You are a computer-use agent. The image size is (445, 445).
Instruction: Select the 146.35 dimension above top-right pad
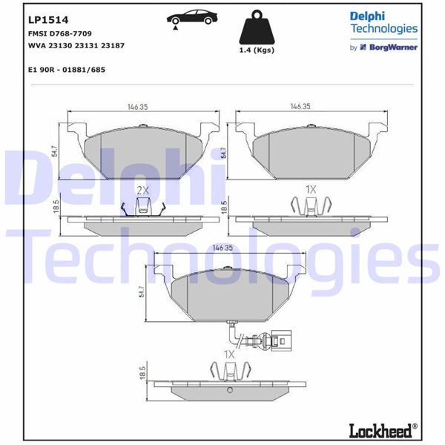pos(300,106)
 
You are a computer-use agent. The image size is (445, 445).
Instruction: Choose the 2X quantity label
pos(142,190)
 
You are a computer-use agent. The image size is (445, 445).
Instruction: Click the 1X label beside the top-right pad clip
pos(311,190)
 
